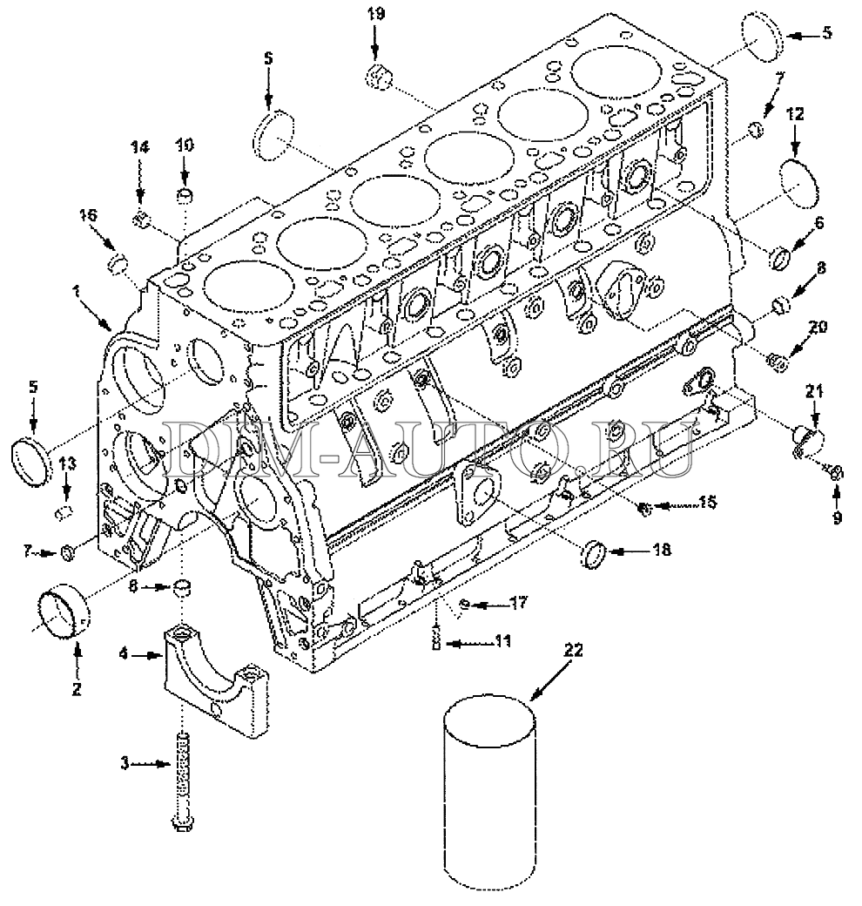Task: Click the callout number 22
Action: pyautogui.click(x=572, y=650)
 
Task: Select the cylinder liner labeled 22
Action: pyautogui.click(x=489, y=797)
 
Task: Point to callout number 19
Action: pyautogui.click(x=376, y=13)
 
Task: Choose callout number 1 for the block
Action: pyautogui.click(x=77, y=293)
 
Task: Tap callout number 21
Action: pyautogui.click(x=814, y=392)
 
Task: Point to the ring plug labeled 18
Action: pyautogui.click(x=594, y=555)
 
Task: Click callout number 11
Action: pyautogui.click(x=502, y=641)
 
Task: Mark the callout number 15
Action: pyautogui.click(x=707, y=503)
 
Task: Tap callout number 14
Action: pyautogui.click(x=139, y=147)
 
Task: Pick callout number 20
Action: pyautogui.click(x=818, y=327)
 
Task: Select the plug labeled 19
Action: pyautogui.click(x=379, y=78)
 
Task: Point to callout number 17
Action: pyautogui.click(x=518, y=603)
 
